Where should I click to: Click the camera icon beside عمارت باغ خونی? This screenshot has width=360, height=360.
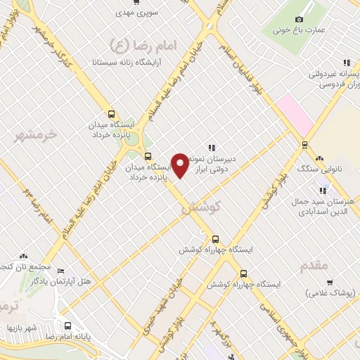coord(299,19)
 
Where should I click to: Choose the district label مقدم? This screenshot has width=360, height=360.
coord(314,266)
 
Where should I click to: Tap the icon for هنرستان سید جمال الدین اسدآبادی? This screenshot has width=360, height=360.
coord(323,190)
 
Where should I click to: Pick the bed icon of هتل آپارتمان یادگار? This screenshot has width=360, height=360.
coord(60,271)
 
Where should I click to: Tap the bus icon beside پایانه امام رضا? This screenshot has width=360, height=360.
coord(68,326)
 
